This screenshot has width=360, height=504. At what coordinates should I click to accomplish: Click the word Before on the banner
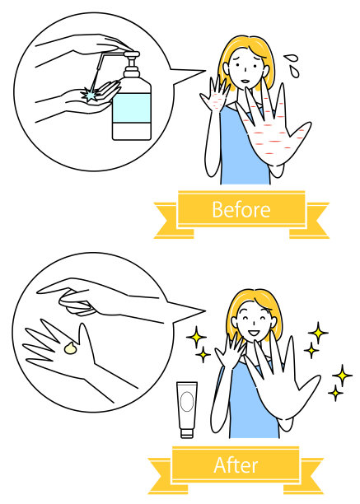241,209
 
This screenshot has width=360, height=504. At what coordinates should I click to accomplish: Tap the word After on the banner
236,464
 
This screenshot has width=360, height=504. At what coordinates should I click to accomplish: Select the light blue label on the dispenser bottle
132,108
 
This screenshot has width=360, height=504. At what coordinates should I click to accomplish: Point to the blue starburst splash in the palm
90,94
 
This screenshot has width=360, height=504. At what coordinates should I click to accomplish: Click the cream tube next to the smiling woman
187,410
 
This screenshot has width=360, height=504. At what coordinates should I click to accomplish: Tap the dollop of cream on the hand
71,348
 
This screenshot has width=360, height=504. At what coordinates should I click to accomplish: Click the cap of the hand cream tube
187,433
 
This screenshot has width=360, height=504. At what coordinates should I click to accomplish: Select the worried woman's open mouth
245,81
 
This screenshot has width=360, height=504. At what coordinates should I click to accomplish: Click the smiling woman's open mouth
254,333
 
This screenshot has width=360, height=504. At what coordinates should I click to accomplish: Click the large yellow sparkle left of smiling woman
196,337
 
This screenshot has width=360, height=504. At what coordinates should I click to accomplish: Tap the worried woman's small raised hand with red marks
215,96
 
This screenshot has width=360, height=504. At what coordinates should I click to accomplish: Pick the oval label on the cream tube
187,402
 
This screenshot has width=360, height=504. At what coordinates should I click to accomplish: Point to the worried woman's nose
245,70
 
